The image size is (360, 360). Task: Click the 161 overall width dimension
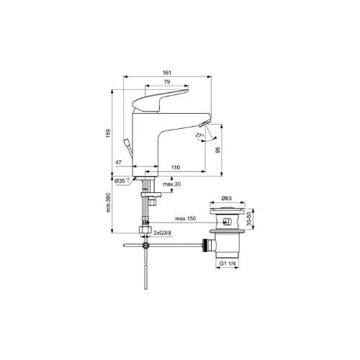(167, 73)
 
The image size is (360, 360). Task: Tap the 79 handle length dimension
(167, 82)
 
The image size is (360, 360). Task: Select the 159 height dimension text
(109, 133)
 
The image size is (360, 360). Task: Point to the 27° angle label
(199, 135)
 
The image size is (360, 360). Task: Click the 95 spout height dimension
(217, 150)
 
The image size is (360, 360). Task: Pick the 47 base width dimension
(118, 163)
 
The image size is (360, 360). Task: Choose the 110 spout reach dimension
(176, 167)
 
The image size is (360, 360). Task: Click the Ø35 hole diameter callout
(122, 181)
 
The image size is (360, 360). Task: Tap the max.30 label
(172, 184)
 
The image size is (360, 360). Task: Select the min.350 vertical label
(108, 202)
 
